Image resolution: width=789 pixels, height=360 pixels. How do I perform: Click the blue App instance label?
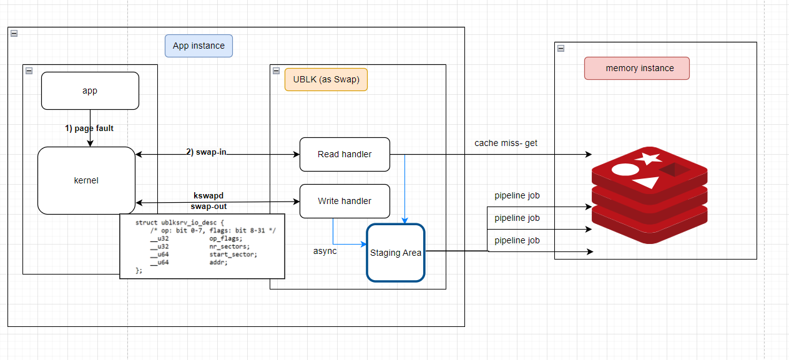[198, 46]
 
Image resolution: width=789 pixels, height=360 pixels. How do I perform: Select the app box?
[90, 90]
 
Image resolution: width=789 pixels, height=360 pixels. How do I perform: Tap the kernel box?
[86, 180]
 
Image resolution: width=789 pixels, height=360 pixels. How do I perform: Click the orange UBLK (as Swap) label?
[326, 79]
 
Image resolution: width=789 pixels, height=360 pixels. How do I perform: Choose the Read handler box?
[345, 154]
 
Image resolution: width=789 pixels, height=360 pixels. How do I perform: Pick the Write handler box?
[345, 201]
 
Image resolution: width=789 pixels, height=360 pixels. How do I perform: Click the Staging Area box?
[395, 253]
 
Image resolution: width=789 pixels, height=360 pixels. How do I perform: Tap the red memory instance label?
[637, 68]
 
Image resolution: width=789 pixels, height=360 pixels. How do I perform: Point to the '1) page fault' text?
[89, 128]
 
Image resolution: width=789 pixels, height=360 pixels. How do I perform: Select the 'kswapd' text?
[208, 195]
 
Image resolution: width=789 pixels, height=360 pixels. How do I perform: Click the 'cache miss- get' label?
[506, 143]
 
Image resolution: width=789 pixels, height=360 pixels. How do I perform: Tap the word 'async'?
[325, 251]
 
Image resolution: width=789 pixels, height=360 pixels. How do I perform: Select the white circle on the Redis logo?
[625, 169]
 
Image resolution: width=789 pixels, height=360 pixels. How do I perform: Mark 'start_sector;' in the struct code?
[233, 255]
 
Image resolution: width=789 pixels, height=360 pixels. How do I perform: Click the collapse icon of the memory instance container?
[561, 48]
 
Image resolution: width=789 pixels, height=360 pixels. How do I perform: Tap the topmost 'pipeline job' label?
[517, 195]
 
